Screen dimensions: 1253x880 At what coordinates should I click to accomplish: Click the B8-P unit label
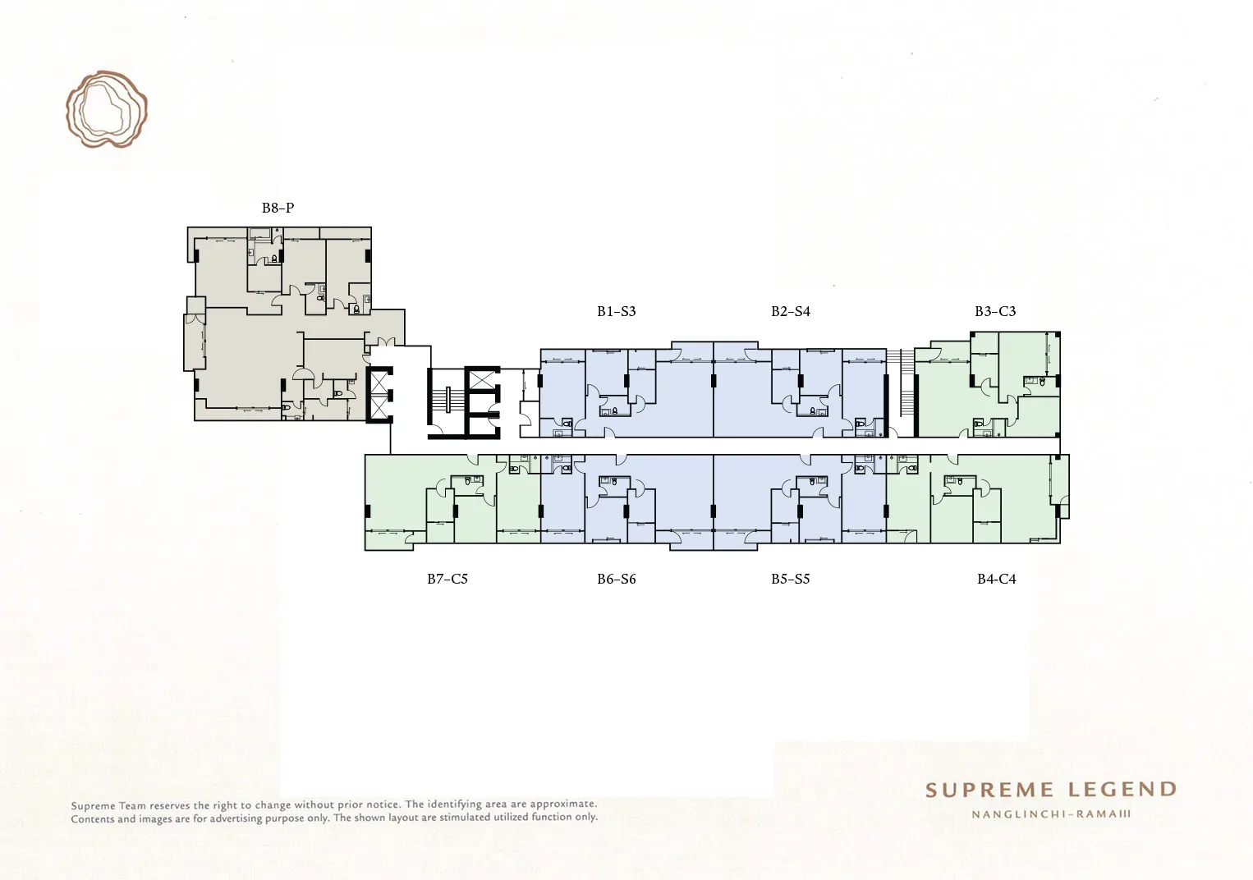[278, 208]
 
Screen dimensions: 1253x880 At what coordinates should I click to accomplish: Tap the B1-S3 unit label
[617, 311]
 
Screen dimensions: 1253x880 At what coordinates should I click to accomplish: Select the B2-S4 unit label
[791, 311]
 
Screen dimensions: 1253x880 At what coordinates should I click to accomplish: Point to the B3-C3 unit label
[995, 311]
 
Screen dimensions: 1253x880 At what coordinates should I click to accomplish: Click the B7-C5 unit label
[447, 579]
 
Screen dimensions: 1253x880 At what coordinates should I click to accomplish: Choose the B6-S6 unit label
[617, 579]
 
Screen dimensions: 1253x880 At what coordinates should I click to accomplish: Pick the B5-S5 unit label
[791, 579]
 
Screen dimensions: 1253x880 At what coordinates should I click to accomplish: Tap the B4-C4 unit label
[996, 579]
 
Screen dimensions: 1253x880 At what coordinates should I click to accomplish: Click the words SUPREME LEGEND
[1051, 790]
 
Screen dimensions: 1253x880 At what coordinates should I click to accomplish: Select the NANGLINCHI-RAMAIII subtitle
[1051, 814]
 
